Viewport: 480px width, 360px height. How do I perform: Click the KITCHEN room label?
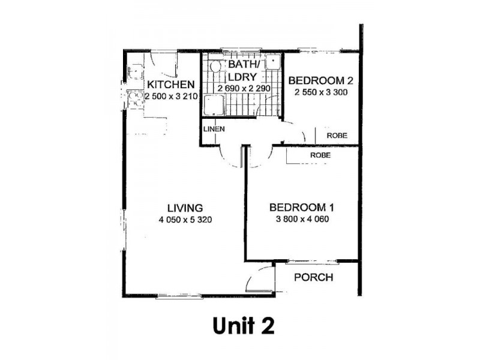[170, 85]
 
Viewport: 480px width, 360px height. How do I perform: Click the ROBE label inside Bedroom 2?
[336, 136]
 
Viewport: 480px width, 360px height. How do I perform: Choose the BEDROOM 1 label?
[301, 208]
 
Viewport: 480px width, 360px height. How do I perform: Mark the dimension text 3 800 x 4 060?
[301, 219]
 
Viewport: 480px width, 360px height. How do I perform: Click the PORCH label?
[312, 278]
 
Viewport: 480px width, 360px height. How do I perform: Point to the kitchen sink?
[134, 73]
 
